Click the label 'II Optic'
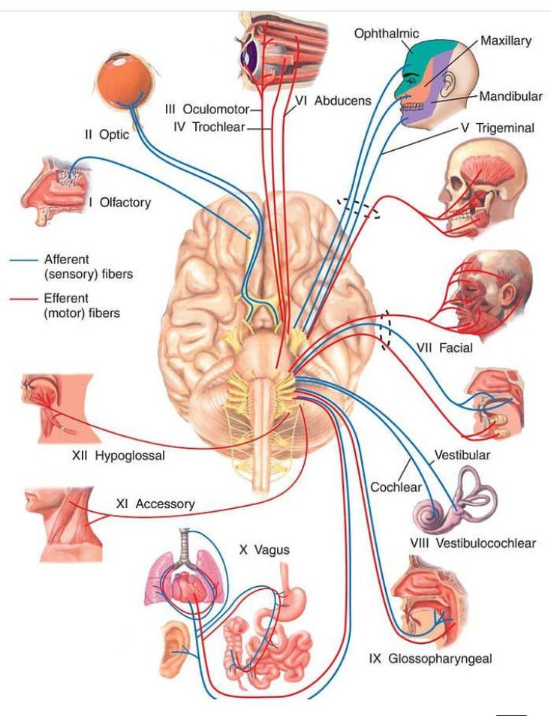coord(107,135)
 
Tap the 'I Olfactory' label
coord(120,203)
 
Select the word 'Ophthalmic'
coord(387,33)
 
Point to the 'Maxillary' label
coord(506,40)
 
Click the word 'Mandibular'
coord(510,97)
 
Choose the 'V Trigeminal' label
coord(498,128)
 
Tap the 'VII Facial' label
coord(444,347)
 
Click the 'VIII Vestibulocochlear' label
coord(473,543)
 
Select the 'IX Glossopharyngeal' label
coord(430,659)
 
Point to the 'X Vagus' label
coord(264,550)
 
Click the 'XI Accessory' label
coord(155,504)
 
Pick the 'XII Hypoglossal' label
coord(119,456)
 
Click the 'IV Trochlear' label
coord(209,127)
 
